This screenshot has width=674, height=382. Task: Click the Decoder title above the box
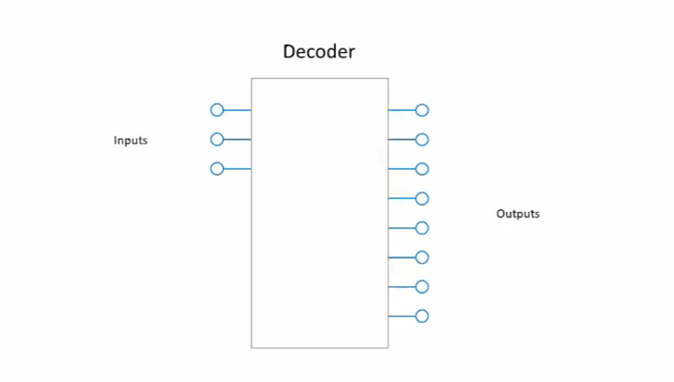(319, 52)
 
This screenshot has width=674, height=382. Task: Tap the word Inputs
(131, 140)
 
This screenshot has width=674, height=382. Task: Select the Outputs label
(518, 213)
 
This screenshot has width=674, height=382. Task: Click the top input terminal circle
(217, 110)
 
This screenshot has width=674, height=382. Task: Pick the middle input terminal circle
(217, 140)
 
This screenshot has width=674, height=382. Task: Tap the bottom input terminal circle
(217, 169)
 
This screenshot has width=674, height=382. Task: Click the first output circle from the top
(422, 110)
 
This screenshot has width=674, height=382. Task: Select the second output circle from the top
(422, 140)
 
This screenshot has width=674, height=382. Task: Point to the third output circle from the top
(422, 169)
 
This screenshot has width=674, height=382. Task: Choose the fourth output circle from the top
(422, 198)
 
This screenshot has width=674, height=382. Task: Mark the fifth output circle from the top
(422, 228)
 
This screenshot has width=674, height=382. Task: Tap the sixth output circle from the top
(422, 257)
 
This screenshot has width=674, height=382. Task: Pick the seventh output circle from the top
(422, 286)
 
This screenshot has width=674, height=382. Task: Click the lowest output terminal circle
(422, 316)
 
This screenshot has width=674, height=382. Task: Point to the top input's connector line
(237, 110)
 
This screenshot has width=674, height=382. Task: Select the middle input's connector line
(237, 140)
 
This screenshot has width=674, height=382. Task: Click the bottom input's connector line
(237, 169)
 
